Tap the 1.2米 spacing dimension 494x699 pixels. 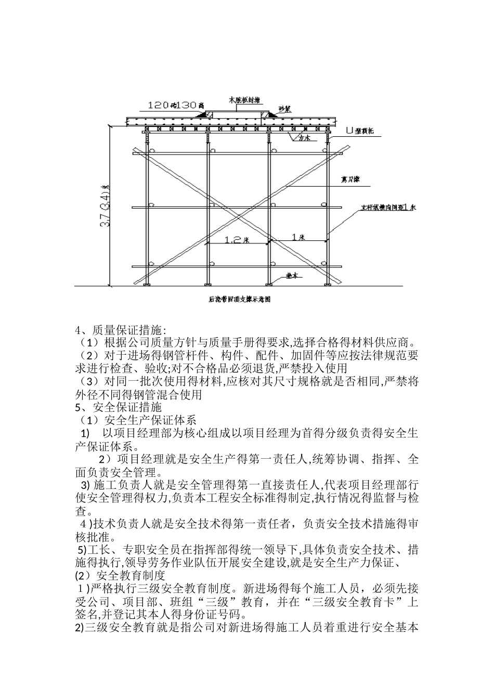(x=238, y=239)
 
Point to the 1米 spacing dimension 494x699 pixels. (x=298, y=237)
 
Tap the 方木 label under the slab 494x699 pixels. (x=304, y=138)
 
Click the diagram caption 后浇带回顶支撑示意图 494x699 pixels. (x=240, y=300)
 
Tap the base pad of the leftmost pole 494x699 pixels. (x=148, y=284)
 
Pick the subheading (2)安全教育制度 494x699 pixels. (x=120, y=575)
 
